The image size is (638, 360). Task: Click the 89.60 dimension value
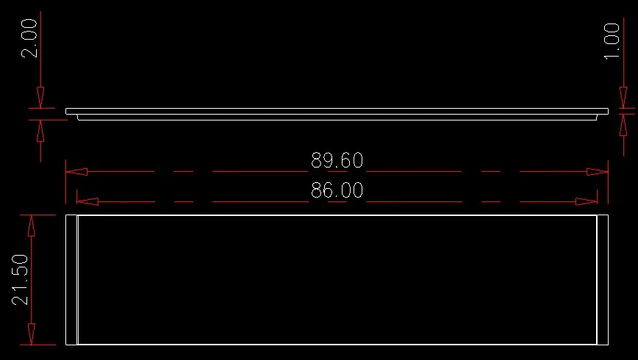click(x=337, y=160)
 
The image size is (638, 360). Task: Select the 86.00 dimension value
click(x=337, y=190)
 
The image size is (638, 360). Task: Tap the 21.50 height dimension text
click(x=21, y=280)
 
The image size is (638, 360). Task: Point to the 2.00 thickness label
click(x=29, y=38)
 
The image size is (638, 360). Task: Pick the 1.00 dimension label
click(x=612, y=41)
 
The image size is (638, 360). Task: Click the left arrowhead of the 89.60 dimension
click(x=76, y=172)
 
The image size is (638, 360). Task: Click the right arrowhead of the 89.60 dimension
click(x=598, y=172)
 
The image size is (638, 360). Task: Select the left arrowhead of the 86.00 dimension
click(x=87, y=201)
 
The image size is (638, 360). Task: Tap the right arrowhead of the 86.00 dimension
click(x=587, y=201)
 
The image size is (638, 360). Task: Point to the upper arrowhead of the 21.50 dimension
click(x=32, y=226)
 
